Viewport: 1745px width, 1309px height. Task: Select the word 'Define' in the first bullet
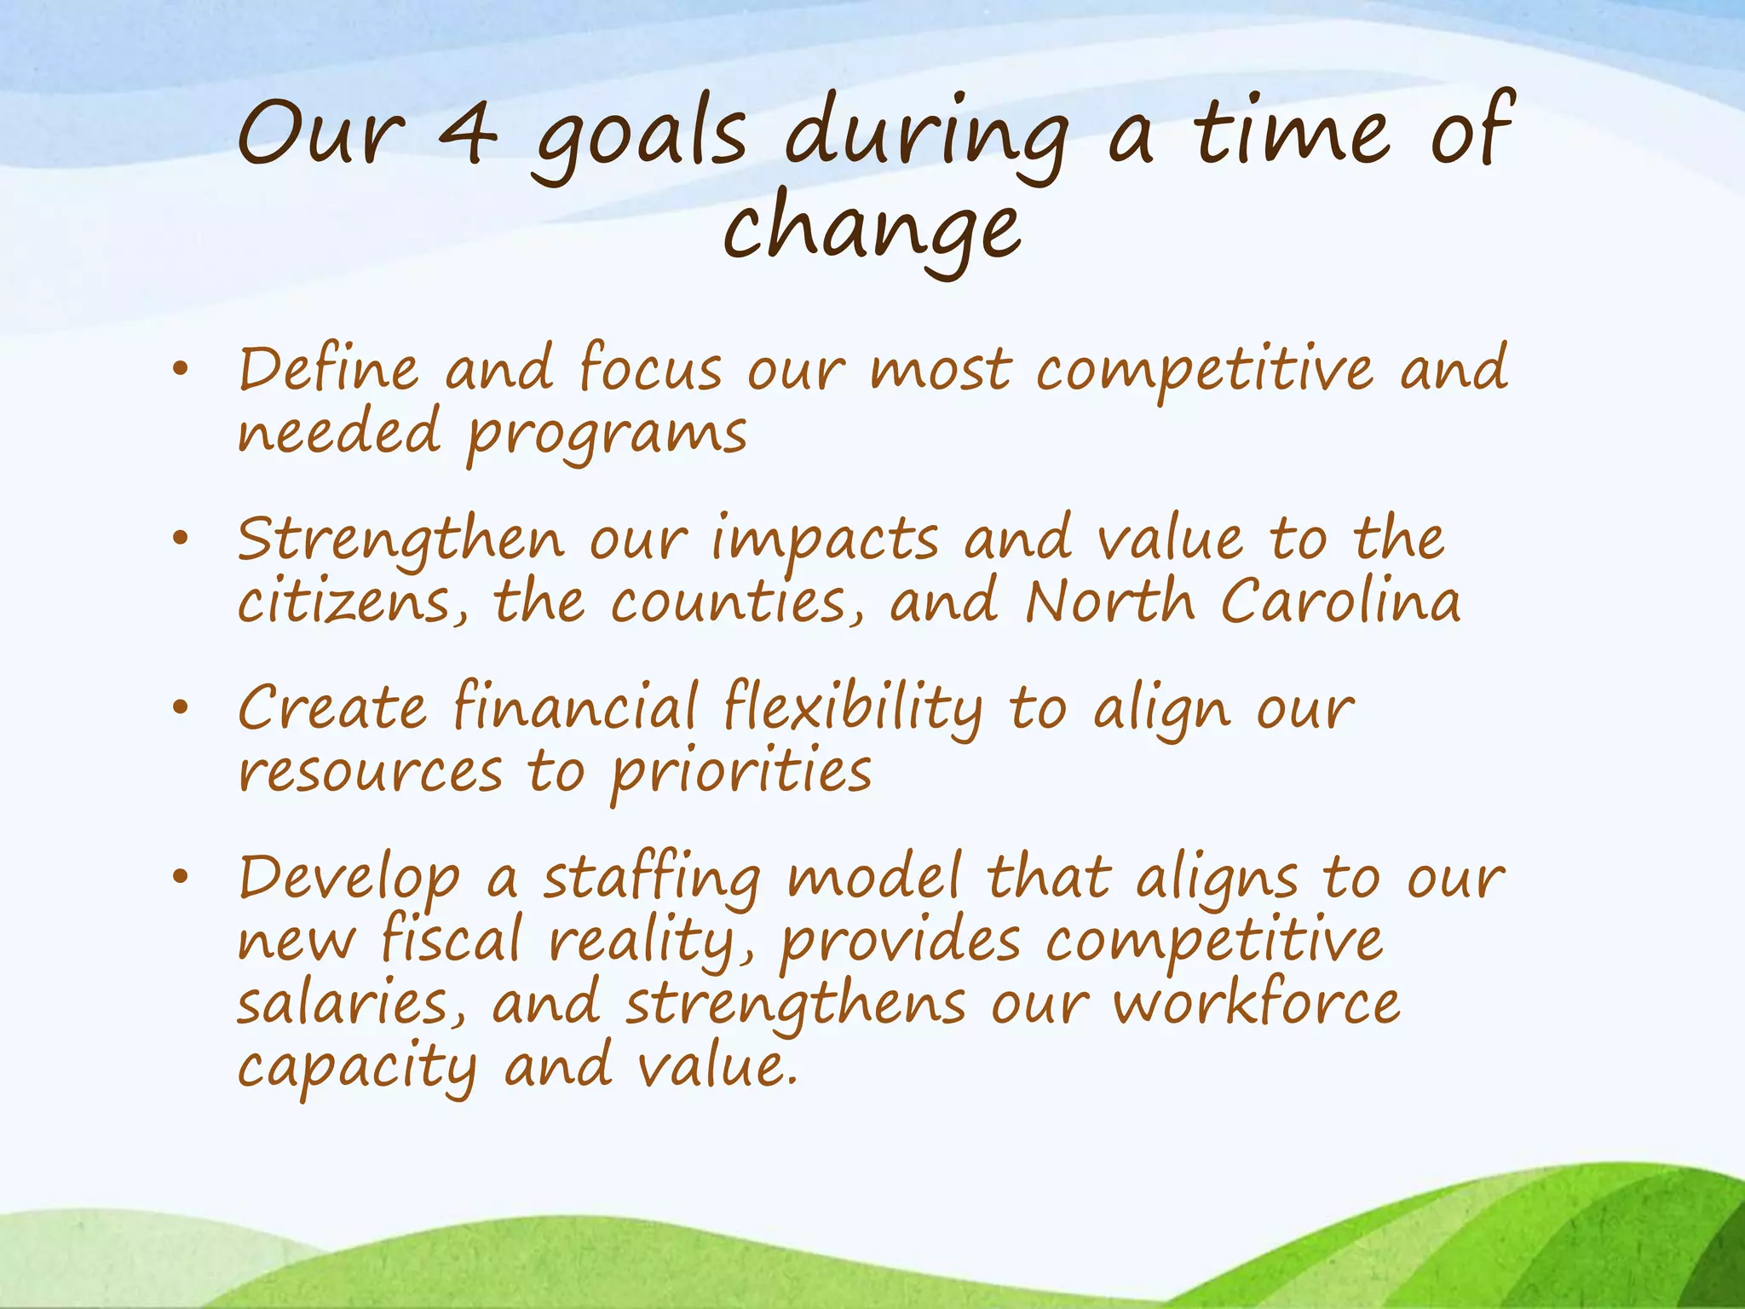tap(328, 370)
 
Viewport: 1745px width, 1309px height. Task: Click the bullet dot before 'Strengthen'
tap(179, 539)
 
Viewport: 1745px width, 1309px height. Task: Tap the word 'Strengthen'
tap(400, 540)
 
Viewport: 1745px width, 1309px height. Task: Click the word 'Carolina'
tap(1339, 602)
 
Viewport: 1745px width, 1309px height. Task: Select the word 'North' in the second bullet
tap(1109, 602)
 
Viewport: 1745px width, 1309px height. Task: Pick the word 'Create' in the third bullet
tap(331, 708)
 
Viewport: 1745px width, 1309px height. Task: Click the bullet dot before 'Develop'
tap(179, 877)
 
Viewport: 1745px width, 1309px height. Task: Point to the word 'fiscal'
tap(451, 941)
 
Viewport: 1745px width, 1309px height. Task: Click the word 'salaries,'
tap(352, 1004)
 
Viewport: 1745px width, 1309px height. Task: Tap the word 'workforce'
tap(1256, 1004)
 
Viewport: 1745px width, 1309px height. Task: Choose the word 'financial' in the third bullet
tap(575, 708)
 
